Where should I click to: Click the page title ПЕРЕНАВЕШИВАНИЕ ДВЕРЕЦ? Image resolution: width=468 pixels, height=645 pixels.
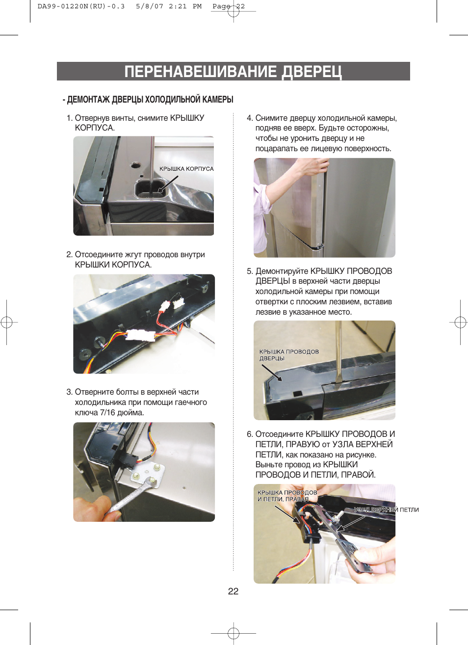click(x=233, y=71)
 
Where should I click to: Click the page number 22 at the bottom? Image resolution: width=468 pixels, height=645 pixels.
click(x=233, y=591)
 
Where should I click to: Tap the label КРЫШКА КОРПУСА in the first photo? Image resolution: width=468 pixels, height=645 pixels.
click(x=186, y=169)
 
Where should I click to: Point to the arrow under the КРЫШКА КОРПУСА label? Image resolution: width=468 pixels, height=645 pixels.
click(x=168, y=184)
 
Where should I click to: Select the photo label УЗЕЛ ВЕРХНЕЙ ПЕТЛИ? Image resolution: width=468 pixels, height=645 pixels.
click(x=386, y=510)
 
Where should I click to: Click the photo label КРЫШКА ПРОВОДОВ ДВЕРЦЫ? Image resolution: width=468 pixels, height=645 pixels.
click(x=289, y=355)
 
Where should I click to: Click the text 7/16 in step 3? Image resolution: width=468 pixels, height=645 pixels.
click(x=106, y=413)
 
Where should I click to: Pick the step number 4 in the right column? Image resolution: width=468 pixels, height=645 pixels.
click(x=249, y=118)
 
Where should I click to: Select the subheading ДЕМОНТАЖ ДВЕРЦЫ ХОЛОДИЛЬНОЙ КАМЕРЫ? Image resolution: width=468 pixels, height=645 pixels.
click(x=150, y=100)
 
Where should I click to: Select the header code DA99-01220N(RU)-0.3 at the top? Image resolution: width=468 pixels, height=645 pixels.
click(x=81, y=6)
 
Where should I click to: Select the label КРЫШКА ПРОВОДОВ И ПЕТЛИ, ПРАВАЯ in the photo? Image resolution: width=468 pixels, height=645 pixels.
click(x=287, y=496)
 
